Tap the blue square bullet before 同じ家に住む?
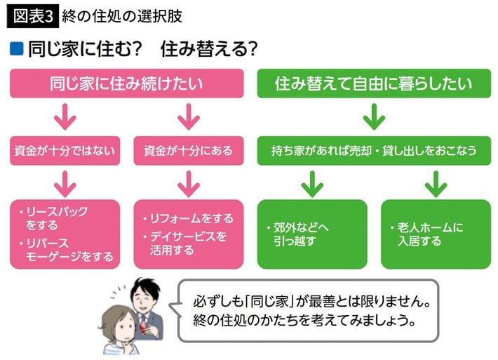17,51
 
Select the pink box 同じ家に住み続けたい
126,84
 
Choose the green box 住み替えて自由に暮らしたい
373,84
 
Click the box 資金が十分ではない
65,150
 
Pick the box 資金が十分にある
188,150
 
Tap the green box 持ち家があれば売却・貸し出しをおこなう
374,150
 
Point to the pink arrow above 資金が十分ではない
65,116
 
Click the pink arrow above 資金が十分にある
188,116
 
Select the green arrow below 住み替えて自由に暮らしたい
373,116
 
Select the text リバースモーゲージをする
67,249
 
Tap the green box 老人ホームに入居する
435,234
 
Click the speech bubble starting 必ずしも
309,310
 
